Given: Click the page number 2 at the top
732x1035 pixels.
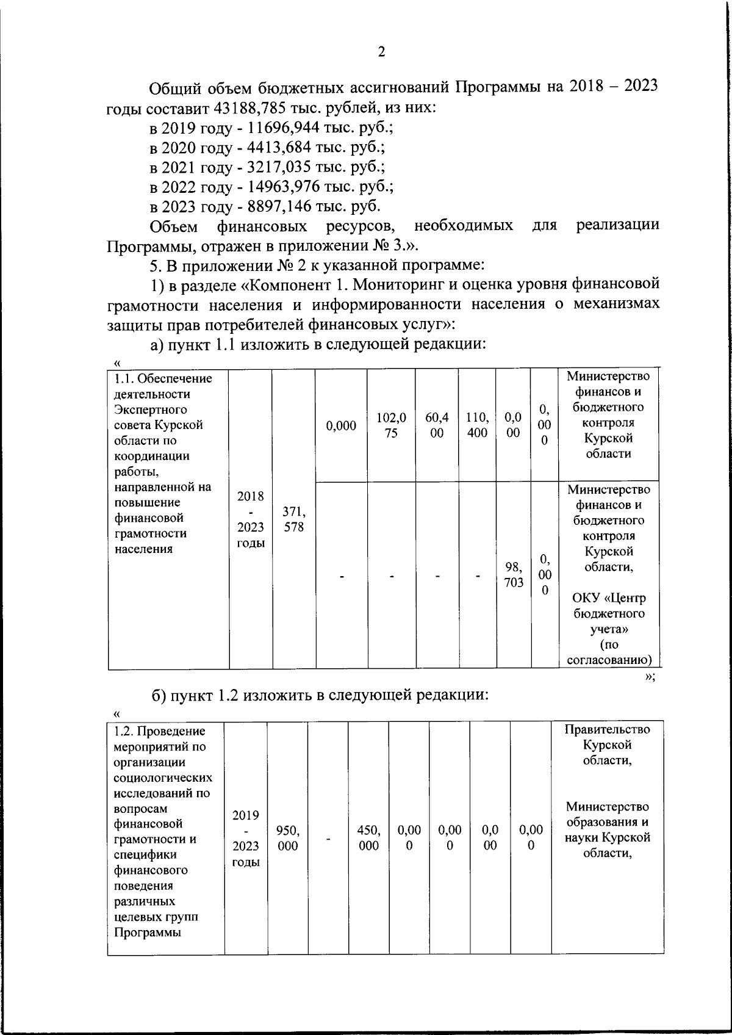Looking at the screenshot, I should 381,52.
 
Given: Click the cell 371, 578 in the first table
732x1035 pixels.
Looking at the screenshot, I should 293,519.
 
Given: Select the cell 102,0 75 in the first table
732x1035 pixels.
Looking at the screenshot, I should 391,425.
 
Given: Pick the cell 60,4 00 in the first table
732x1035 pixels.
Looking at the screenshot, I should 437,425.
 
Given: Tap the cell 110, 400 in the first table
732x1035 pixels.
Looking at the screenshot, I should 477,425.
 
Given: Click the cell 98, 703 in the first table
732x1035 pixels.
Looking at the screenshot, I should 514,574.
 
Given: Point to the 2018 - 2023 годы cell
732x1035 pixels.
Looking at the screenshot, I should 250,519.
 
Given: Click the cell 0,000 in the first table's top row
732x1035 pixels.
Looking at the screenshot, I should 341,426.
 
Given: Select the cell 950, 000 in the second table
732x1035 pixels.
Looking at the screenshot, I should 287,838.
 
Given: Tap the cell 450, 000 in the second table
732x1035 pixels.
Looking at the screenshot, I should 368,838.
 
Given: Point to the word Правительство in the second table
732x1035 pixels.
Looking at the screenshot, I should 607,730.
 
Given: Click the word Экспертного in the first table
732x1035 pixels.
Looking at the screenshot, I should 151,409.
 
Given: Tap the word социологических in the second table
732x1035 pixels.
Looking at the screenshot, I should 163,778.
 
